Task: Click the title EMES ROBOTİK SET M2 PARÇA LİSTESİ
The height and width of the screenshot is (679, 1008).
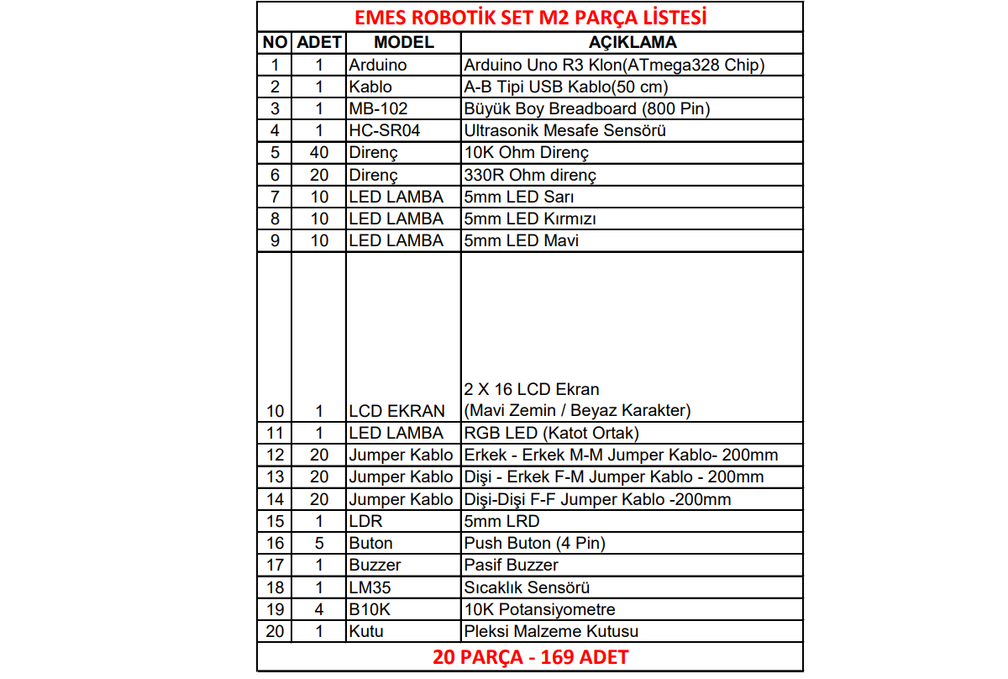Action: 530,17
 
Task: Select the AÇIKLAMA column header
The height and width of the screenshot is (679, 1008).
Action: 633,42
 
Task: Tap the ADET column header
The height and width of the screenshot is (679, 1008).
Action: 319,42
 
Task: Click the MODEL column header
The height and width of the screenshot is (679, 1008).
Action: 403,42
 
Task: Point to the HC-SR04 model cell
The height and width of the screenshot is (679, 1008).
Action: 384,130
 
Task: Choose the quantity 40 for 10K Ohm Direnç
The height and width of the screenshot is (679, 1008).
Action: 319,152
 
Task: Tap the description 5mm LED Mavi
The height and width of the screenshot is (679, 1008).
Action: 521,240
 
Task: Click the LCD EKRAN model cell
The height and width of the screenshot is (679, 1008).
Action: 396,411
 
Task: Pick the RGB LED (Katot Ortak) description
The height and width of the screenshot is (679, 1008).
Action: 551,433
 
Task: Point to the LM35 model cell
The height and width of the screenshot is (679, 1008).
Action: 370,587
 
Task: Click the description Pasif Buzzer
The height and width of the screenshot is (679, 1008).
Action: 511,565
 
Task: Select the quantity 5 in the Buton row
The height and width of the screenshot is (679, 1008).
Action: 319,543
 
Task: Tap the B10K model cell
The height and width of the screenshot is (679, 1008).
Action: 370,609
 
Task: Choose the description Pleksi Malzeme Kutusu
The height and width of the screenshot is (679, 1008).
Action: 551,631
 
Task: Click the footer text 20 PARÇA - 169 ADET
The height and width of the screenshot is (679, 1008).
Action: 530,657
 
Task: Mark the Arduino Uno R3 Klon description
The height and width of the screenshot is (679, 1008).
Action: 614,65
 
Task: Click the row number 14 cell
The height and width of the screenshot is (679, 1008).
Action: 275,499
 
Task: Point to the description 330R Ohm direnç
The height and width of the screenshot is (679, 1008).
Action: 529,175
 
